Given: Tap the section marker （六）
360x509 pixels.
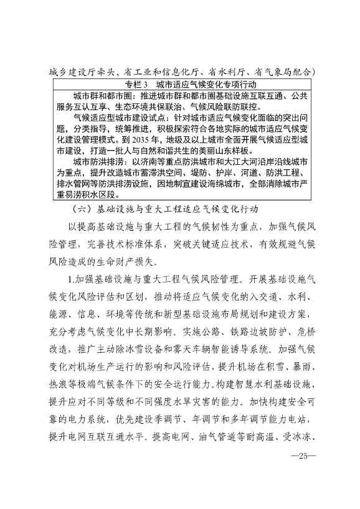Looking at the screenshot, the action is click(83, 207).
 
